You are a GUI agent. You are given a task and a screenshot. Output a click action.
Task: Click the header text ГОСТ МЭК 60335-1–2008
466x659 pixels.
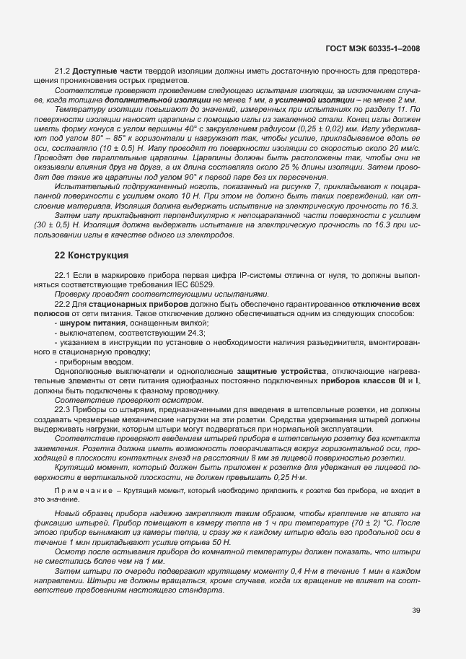(373, 48)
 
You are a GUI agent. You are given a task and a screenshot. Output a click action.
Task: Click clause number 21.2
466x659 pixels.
(63, 71)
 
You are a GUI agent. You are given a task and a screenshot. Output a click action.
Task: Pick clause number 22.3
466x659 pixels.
(63, 410)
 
